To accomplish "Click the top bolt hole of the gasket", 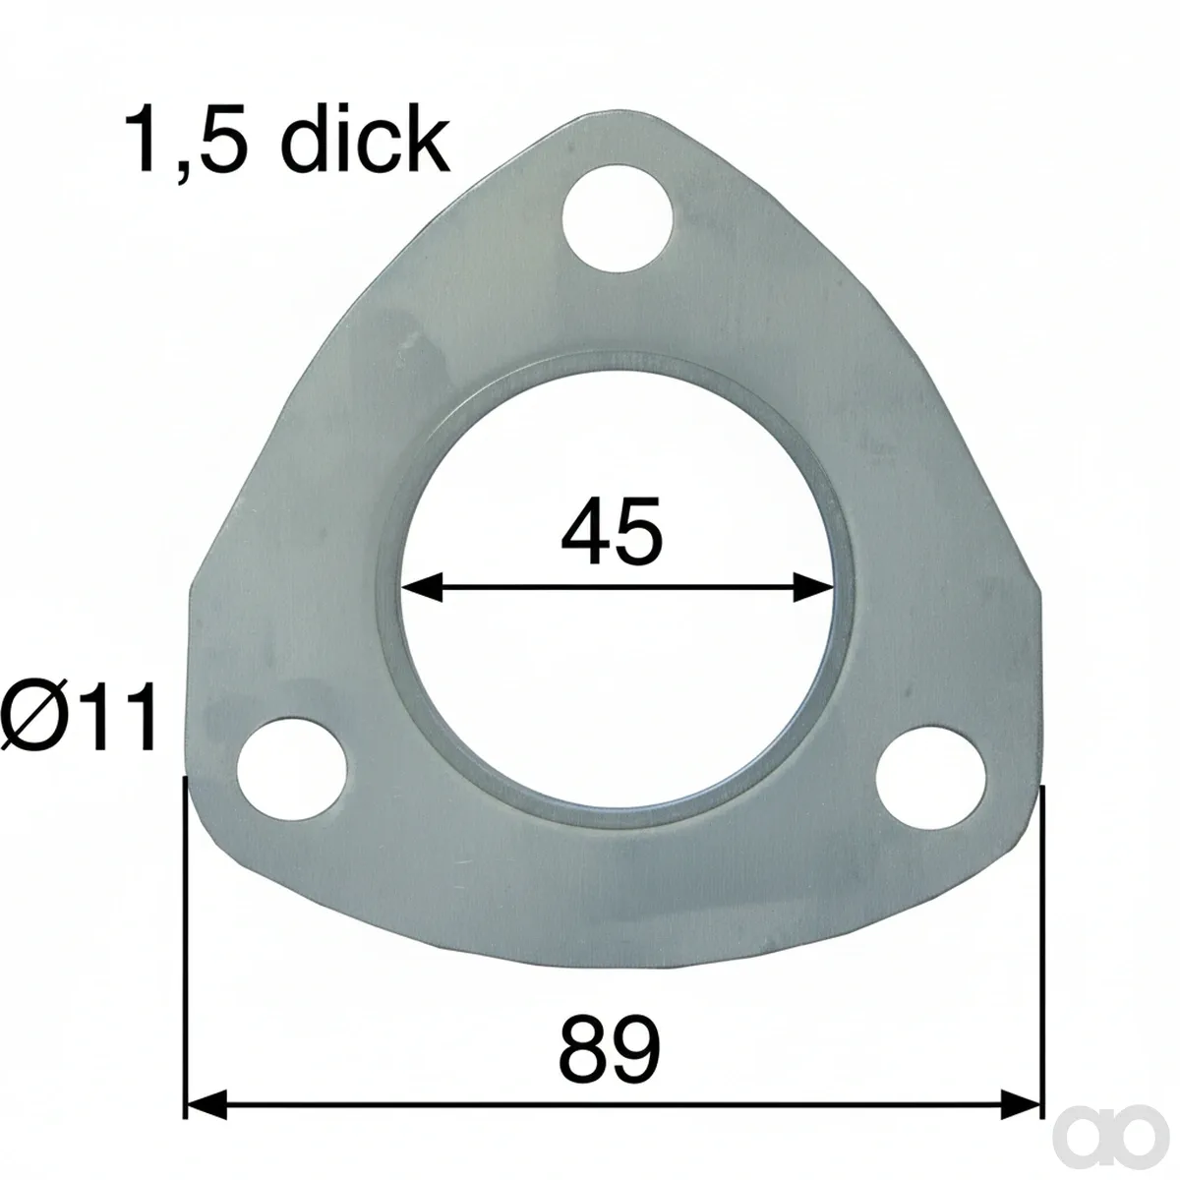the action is click(x=618, y=218).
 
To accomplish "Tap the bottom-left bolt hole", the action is click(x=292, y=770).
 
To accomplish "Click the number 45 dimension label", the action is click(x=612, y=531).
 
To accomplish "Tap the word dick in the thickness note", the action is click(x=365, y=139).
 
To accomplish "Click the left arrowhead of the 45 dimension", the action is click(x=422, y=587).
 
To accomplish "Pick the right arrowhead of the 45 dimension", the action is click(x=813, y=587).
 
